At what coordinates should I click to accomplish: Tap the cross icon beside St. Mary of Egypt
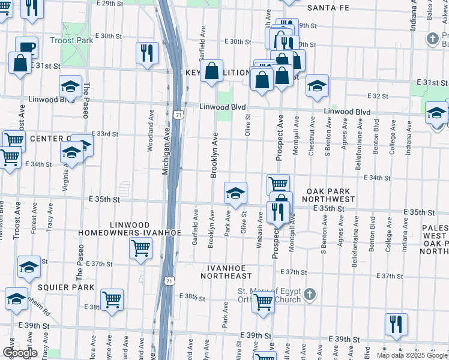(309, 295)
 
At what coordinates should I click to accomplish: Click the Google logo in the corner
(19, 353)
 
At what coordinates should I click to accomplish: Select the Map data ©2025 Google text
(412, 355)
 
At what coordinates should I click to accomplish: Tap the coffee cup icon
(26, 46)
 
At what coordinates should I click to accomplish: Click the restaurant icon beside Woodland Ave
(147, 53)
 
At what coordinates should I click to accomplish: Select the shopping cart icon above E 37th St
(140, 247)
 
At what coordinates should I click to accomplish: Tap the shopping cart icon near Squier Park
(112, 299)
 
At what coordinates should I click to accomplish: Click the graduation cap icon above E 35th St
(235, 192)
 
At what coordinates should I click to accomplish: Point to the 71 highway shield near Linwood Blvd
(178, 113)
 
